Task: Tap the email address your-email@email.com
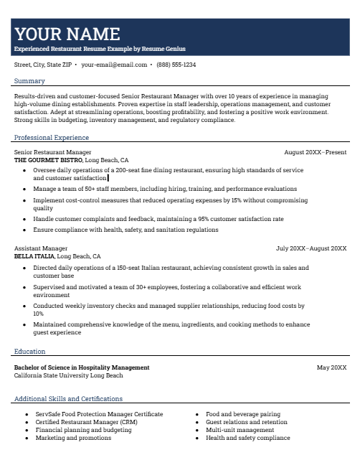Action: (114, 65)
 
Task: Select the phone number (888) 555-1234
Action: (176, 65)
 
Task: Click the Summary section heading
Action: (29, 81)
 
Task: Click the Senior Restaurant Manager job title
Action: (52, 152)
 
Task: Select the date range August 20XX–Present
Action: (315, 152)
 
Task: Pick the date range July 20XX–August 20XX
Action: (311, 248)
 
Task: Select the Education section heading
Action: (29, 352)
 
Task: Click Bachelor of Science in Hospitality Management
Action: (82, 367)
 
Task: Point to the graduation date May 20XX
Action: (331, 367)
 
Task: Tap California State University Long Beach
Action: (69, 375)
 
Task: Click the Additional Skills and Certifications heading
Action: (68, 399)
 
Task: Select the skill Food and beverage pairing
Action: (242, 414)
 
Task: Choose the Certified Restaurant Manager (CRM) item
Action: (87, 422)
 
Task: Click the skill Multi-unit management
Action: (240, 430)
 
